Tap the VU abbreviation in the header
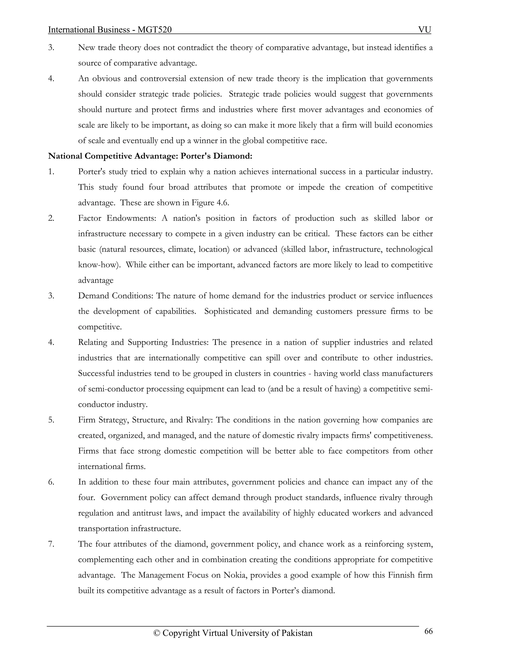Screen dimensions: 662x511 (x=424, y=30)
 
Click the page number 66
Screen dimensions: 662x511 (x=428, y=631)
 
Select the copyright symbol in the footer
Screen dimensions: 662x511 (x=156, y=633)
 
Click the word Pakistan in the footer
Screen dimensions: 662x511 (x=297, y=633)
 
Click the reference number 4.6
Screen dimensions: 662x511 (x=223, y=203)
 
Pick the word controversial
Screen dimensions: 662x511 (x=163, y=78)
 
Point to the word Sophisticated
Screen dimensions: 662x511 (x=228, y=311)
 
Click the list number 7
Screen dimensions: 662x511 (x=51, y=544)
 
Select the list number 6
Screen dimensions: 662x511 (x=51, y=482)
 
